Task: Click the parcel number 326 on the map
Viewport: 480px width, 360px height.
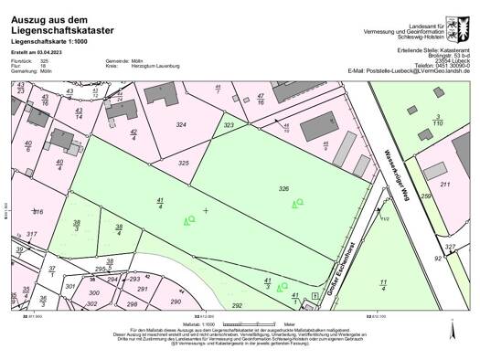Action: [x=283, y=188]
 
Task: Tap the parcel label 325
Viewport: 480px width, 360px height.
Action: [x=184, y=163]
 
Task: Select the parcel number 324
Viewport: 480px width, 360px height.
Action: [x=181, y=124]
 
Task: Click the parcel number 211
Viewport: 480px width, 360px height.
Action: [x=445, y=185]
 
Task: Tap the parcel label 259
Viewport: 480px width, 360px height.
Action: [x=425, y=196]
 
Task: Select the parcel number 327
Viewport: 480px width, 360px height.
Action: [x=450, y=247]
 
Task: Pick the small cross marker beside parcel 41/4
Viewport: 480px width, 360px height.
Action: [x=206, y=211]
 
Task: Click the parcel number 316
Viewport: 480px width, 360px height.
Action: [x=37, y=211]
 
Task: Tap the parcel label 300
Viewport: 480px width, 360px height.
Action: [x=92, y=293]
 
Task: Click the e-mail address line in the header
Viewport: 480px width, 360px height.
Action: [x=409, y=70]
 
